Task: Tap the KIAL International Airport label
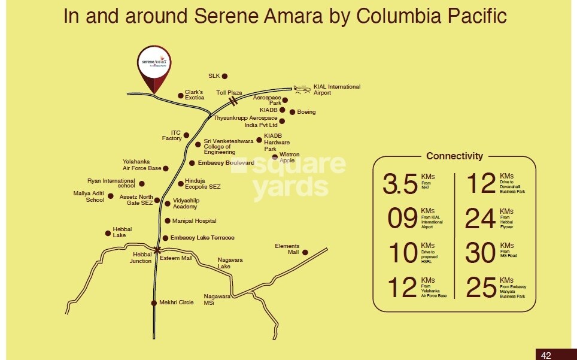point(337,90)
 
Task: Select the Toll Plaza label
point(229,93)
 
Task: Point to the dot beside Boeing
point(292,112)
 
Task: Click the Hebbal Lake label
point(122,232)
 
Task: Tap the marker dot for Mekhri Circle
point(154,302)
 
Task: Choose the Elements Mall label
point(287,249)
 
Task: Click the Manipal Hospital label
point(195,221)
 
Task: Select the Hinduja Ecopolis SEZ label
point(202,183)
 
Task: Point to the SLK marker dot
point(225,76)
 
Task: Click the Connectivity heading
point(454,156)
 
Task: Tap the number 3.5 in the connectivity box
point(400,185)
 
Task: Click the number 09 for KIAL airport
point(402,219)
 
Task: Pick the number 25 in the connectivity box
point(481,288)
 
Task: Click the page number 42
point(546,355)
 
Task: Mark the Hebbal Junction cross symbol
point(157,250)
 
